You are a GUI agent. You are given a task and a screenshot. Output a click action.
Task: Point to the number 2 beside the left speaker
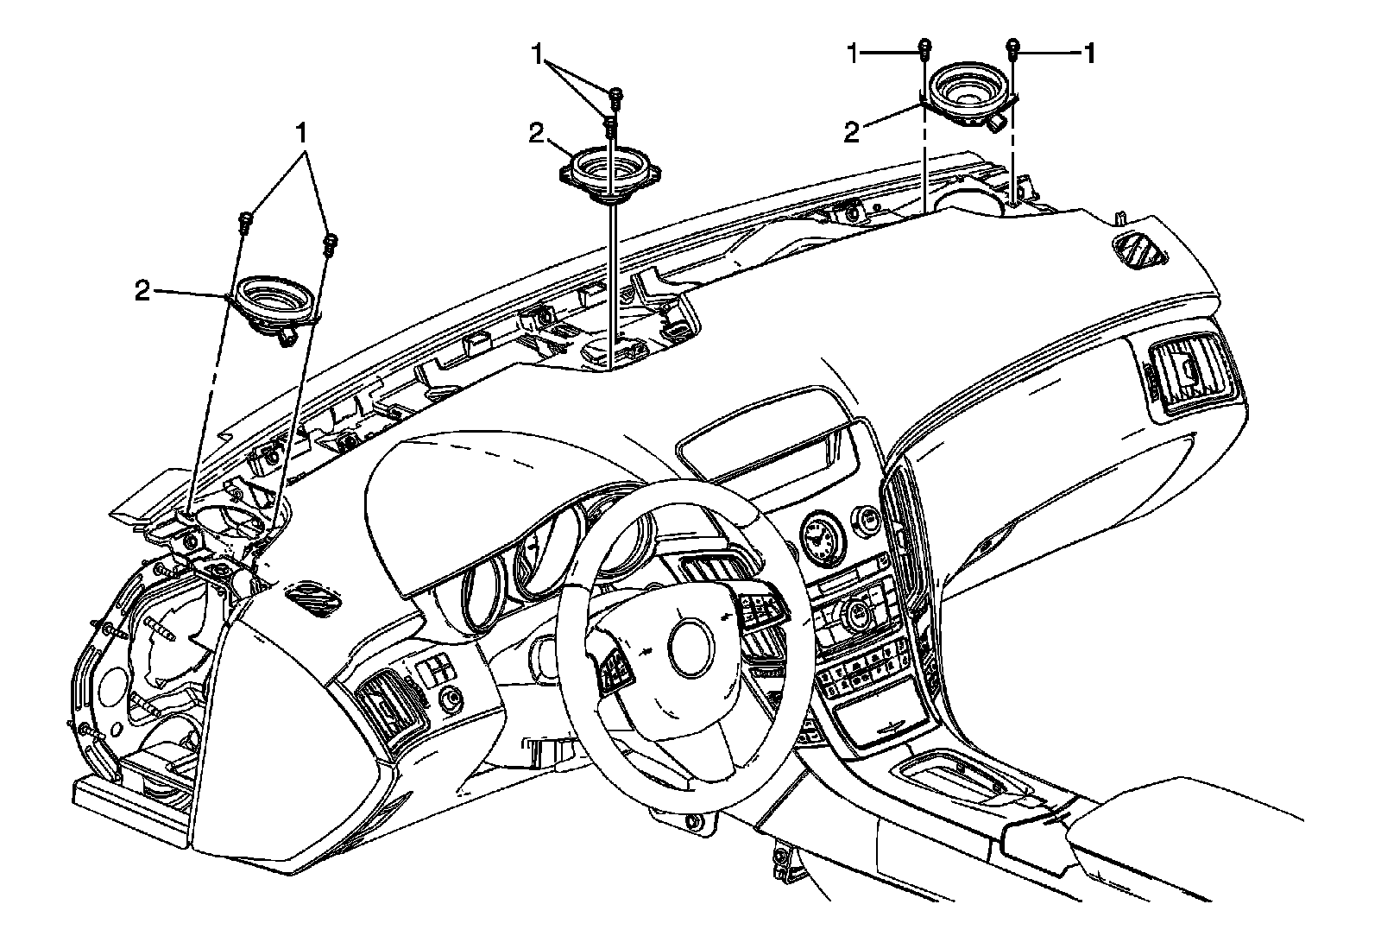pyautogui.click(x=142, y=290)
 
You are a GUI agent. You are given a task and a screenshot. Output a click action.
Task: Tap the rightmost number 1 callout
pyautogui.click(x=1089, y=54)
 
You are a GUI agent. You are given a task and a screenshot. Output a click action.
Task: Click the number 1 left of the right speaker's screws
pyautogui.click(x=853, y=54)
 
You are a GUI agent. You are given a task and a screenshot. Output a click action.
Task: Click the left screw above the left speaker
pyautogui.click(x=245, y=221)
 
